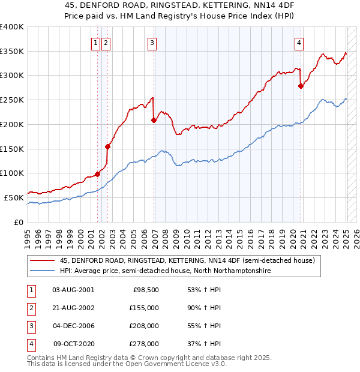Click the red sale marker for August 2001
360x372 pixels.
coord(97,174)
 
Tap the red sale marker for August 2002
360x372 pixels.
coord(108,146)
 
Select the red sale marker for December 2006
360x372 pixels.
coord(154,120)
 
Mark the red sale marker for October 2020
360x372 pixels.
coord(301,86)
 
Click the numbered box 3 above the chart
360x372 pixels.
coord(152,43)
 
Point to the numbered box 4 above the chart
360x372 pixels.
coord(299,43)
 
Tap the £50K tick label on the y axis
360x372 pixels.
coord(14,197)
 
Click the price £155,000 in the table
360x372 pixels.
coord(145,308)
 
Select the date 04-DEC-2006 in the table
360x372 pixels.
coord(74,326)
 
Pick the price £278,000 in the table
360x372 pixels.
coord(145,344)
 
